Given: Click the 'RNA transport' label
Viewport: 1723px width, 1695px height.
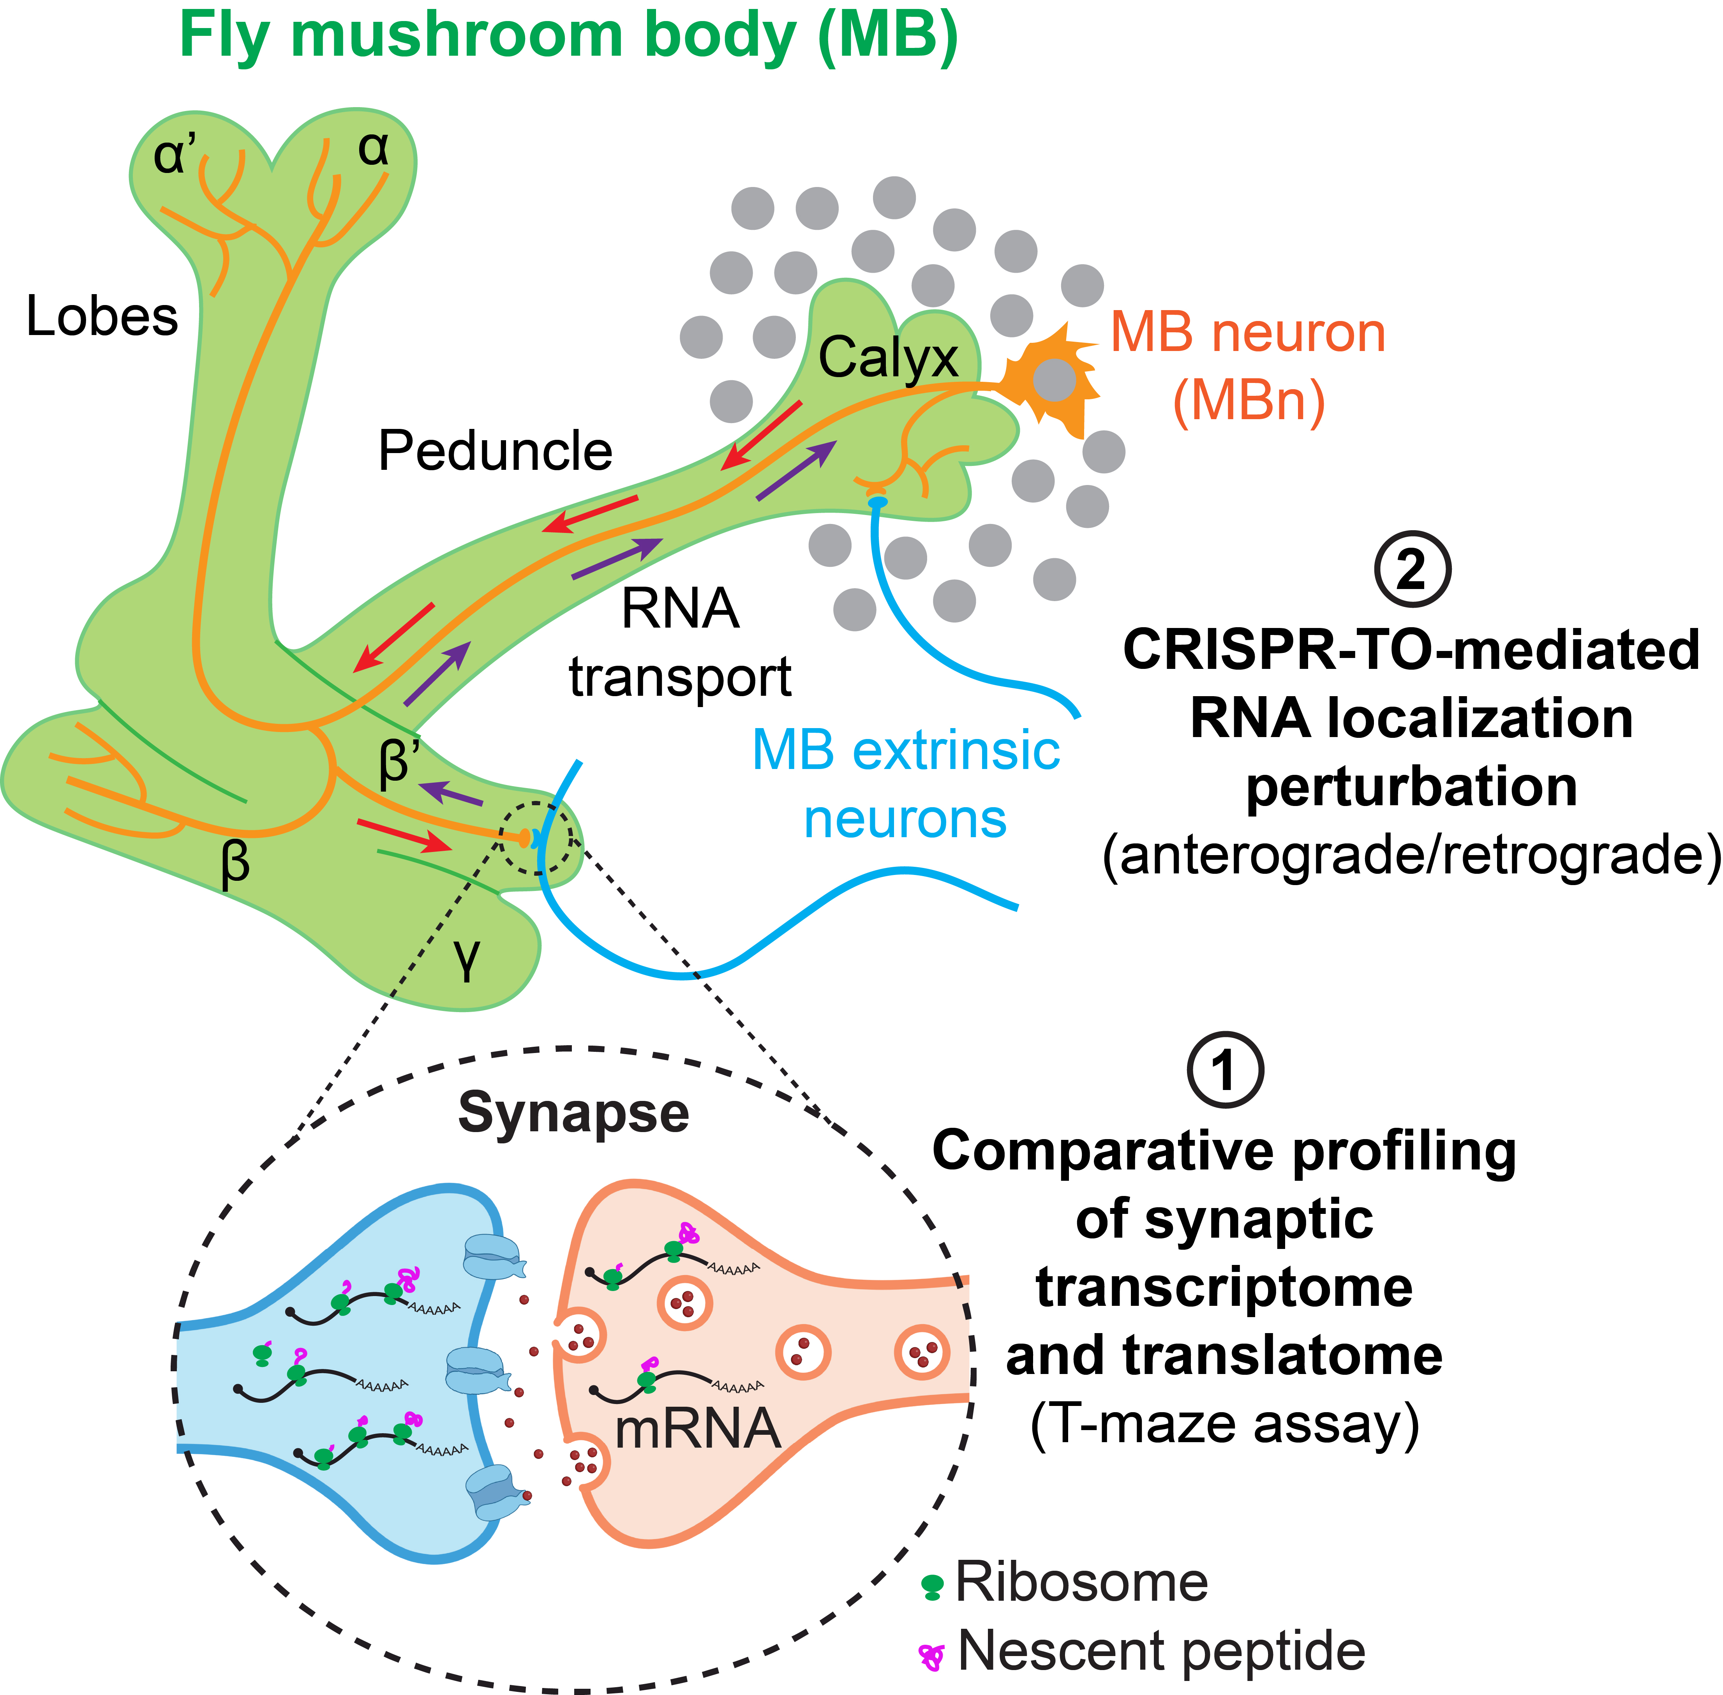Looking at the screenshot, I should pos(680,643).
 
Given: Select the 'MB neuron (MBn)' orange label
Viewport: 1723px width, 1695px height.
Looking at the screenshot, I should pos(1248,367).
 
